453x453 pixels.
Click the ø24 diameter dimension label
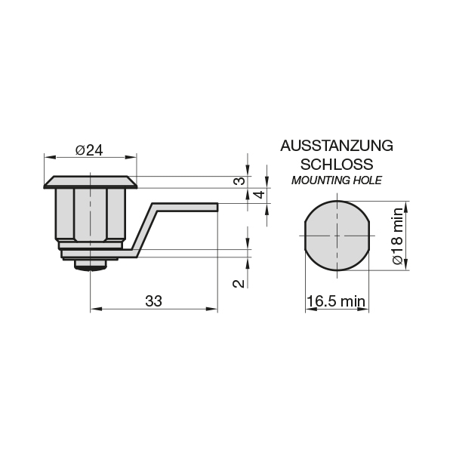point(89,150)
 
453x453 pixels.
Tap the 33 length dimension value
point(153,301)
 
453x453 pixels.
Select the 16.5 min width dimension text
point(336,301)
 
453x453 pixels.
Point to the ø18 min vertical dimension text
point(398,236)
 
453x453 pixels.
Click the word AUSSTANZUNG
point(337,146)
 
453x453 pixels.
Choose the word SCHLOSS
point(337,164)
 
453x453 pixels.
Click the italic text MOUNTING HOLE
point(337,180)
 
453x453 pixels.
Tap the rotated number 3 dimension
point(239,181)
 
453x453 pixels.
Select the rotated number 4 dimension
point(260,195)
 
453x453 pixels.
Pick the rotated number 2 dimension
point(239,284)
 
